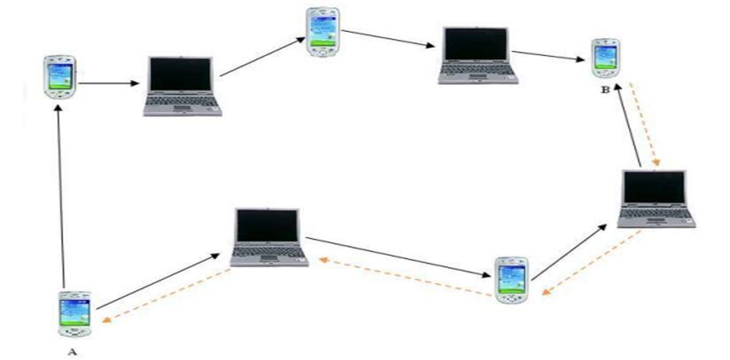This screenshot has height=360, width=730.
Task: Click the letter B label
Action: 605,88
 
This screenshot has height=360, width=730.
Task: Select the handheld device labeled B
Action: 605,57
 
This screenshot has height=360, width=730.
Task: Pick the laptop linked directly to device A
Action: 267,237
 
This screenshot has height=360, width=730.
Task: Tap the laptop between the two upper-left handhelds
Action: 182,87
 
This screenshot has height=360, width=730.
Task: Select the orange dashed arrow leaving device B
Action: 643,124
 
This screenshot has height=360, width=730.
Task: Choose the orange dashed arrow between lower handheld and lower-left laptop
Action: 403,279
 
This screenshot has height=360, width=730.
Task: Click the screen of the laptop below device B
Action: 655,188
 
